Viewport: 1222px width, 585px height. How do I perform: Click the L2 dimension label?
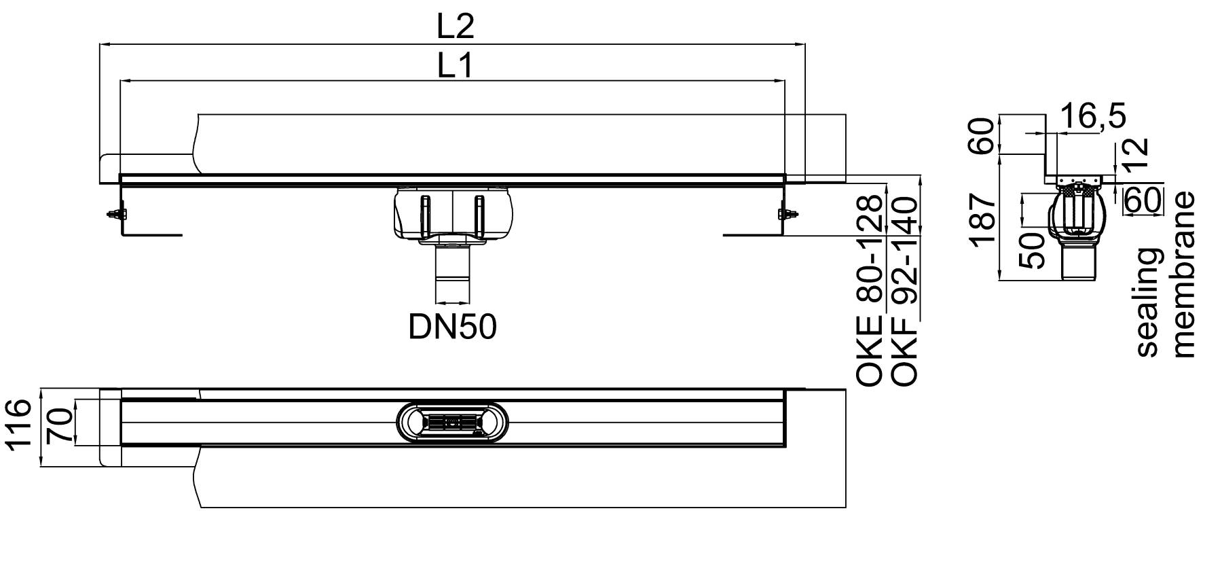(454, 26)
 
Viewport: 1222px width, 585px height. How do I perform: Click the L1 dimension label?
(453, 66)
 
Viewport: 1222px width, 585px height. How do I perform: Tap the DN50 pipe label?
(452, 327)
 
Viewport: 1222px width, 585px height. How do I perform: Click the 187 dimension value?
(983, 219)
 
